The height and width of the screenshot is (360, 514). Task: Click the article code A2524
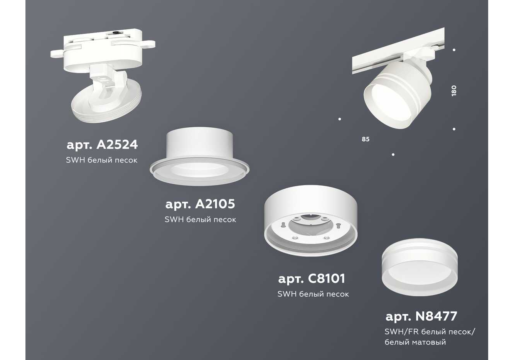pyautogui.click(x=102, y=145)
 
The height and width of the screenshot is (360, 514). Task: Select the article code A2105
pyautogui.click(x=200, y=204)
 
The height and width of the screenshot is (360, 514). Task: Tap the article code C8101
pyautogui.click(x=312, y=279)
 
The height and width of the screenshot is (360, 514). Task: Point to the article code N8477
pyautogui.click(x=421, y=316)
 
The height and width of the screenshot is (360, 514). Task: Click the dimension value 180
pyautogui.click(x=453, y=91)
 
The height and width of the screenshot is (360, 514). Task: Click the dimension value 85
pyautogui.click(x=366, y=139)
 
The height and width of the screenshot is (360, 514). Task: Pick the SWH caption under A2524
pyautogui.click(x=102, y=160)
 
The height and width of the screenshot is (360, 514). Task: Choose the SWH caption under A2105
pyautogui.click(x=201, y=220)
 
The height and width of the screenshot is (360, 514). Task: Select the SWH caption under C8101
pyautogui.click(x=313, y=294)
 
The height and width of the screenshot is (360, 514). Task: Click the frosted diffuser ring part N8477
pyautogui.click(x=420, y=267)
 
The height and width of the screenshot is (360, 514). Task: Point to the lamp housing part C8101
pyautogui.click(x=311, y=220)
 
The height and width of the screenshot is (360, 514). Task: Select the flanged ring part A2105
pyautogui.click(x=199, y=156)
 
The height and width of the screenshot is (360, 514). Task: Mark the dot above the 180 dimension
pyautogui.click(x=454, y=50)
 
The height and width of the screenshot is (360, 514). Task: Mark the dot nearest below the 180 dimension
pyautogui.click(x=454, y=129)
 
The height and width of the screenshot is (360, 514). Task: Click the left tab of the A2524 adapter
pyautogui.click(x=57, y=54)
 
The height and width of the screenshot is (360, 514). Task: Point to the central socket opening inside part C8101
pyautogui.click(x=311, y=226)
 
